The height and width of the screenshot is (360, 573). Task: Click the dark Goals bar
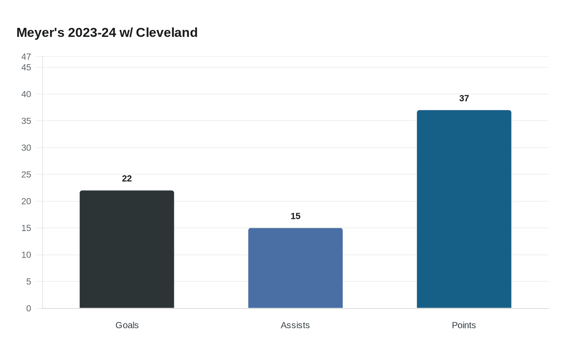(x=127, y=249)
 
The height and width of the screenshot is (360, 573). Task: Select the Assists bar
(x=295, y=268)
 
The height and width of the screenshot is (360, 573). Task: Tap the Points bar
(x=464, y=209)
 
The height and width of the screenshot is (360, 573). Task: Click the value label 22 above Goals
(x=127, y=179)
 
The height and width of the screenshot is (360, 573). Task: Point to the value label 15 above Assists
(x=295, y=216)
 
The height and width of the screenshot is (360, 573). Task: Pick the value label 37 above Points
(x=464, y=99)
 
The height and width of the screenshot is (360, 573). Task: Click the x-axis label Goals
(x=127, y=325)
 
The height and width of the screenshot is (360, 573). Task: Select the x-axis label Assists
(x=295, y=325)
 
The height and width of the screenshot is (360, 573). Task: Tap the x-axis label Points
(x=464, y=325)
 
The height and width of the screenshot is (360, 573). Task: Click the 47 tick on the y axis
(x=26, y=56)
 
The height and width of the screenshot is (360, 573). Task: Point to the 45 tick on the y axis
(x=26, y=67)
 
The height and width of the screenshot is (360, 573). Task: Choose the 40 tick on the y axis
(x=26, y=94)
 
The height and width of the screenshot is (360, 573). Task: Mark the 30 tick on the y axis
(x=26, y=148)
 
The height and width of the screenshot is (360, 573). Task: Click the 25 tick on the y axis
(x=26, y=175)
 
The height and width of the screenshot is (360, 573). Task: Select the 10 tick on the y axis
(x=26, y=255)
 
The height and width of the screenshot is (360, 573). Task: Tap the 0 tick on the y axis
(x=29, y=308)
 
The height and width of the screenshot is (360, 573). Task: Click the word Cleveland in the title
(x=167, y=32)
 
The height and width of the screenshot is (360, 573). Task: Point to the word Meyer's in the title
(x=40, y=32)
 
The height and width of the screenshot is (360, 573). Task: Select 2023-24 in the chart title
(x=92, y=32)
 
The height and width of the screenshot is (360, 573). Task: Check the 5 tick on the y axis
(x=29, y=281)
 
